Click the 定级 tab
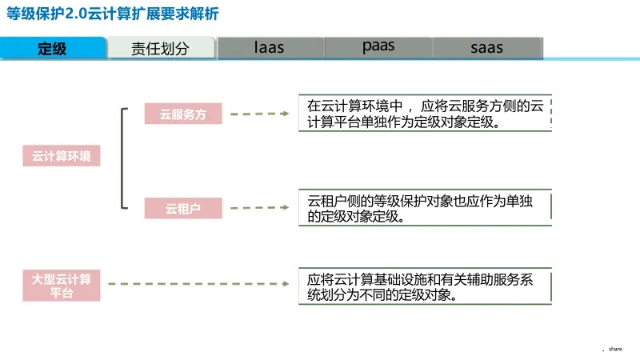point(53,48)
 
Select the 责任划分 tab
point(160,48)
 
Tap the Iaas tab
point(270,47)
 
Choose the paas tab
point(378,46)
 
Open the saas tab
point(486,47)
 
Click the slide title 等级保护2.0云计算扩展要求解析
point(111,14)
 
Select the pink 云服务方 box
point(183,114)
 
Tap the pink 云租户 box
point(183,209)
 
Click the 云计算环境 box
point(62,156)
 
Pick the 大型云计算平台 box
point(62,286)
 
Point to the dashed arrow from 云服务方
point(261,114)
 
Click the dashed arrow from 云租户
point(261,209)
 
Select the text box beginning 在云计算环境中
point(425,114)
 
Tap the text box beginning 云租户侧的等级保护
point(425,208)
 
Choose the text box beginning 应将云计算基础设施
point(425,286)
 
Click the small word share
point(615,349)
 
